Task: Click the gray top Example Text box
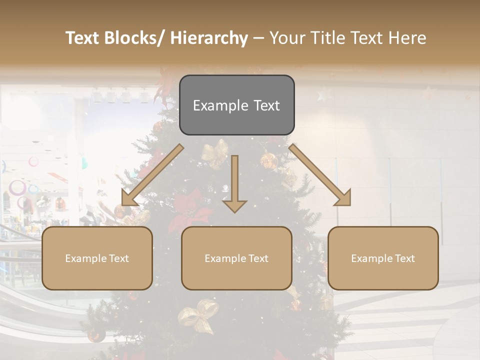(236, 105)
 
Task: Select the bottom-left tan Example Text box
(97, 258)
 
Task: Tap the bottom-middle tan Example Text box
(236, 258)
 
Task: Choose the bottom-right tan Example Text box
(383, 258)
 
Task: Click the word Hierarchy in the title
(209, 38)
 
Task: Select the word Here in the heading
(405, 38)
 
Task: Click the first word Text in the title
(83, 38)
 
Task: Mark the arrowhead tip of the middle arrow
(234, 211)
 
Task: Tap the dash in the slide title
(258, 38)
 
